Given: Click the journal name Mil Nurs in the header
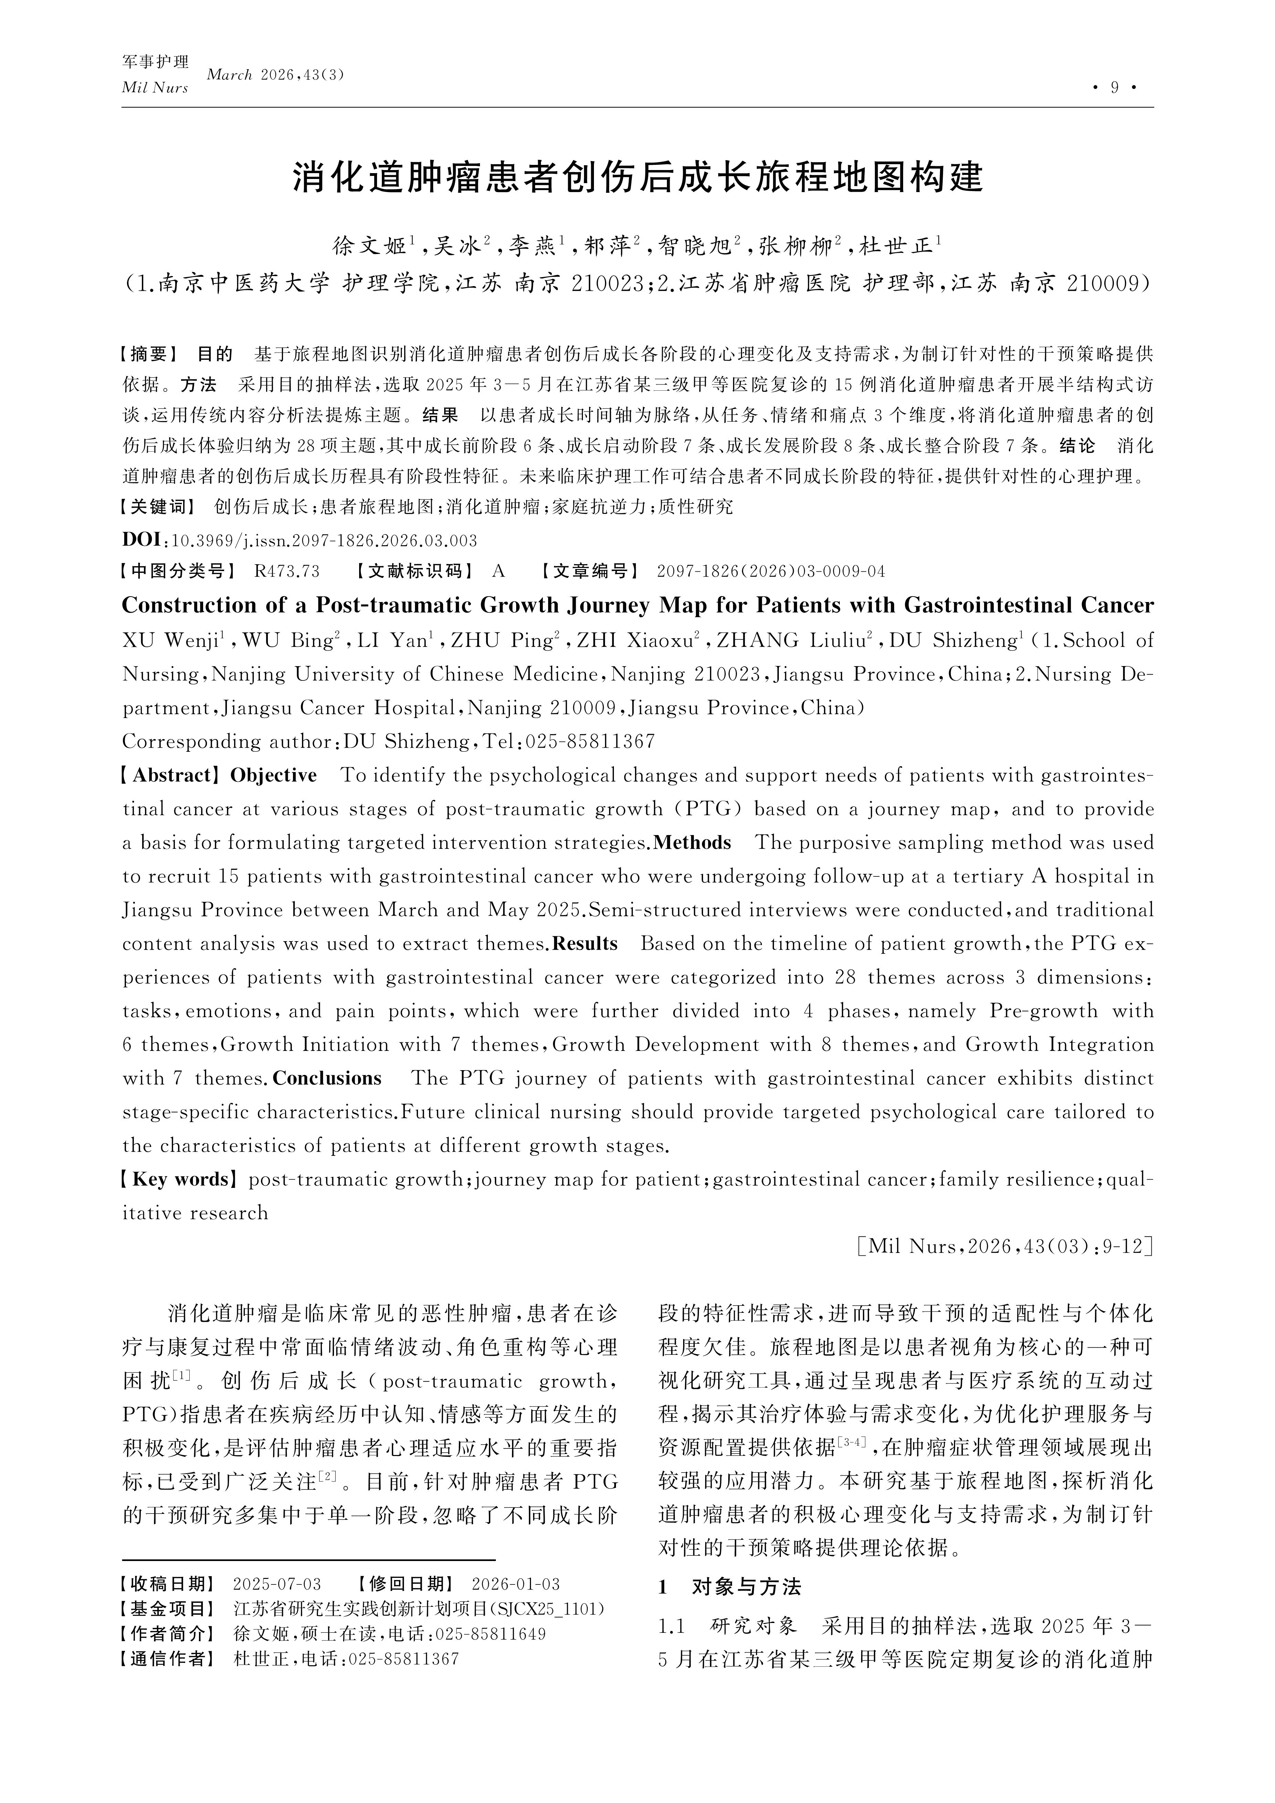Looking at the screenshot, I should (x=155, y=88).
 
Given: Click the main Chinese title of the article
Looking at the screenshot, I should (x=637, y=178).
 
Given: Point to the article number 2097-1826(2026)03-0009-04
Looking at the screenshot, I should (x=771, y=571).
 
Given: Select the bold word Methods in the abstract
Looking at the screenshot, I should (x=692, y=843).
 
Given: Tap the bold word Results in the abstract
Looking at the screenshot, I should (x=585, y=944).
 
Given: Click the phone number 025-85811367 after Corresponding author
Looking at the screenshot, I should (x=589, y=741).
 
